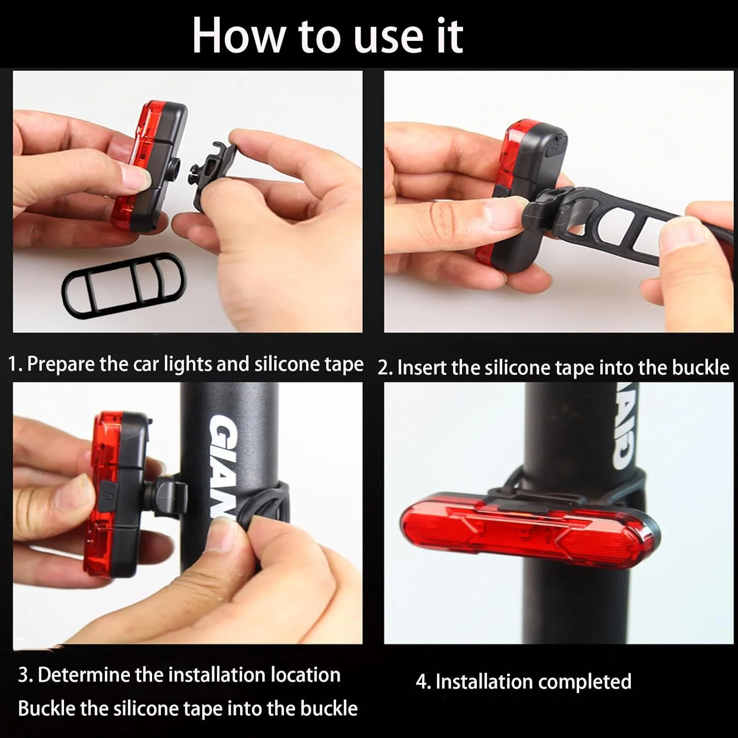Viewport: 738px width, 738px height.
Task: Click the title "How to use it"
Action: pyautogui.click(x=328, y=35)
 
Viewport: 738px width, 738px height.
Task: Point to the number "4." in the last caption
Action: pyautogui.click(x=423, y=682)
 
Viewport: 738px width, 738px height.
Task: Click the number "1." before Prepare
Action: pyautogui.click(x=15, y=365)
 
